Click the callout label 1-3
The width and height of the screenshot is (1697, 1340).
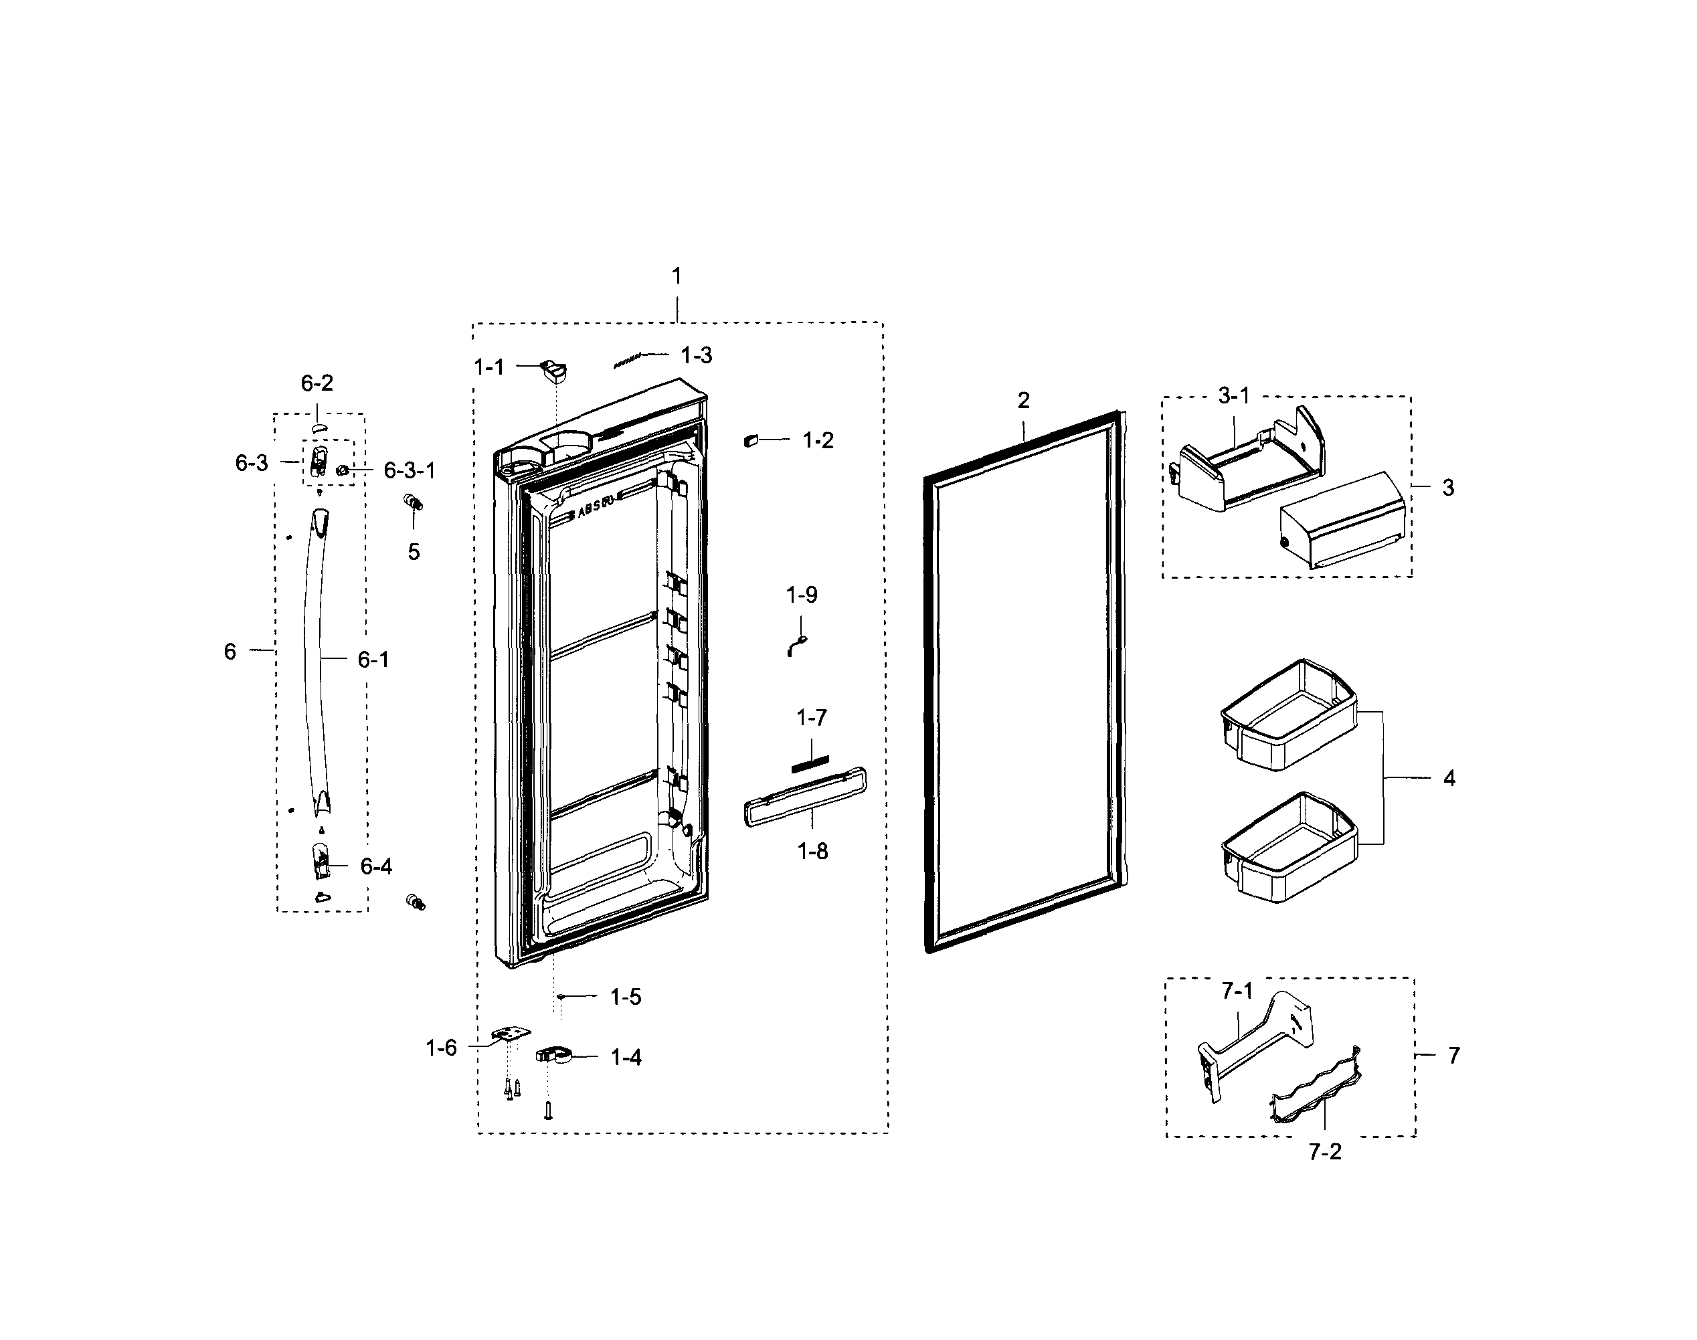(x=696, y=355)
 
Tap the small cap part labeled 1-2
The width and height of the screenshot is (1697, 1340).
(x=751, y=441)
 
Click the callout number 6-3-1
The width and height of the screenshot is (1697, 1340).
(x=409, y=471)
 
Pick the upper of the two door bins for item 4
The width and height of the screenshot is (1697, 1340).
(x=1288, y=716)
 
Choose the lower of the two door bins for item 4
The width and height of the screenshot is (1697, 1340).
(x=1288, y=848)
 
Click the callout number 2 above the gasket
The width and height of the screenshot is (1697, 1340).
(x=1023, y=400)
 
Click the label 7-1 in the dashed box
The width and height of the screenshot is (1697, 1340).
(x=1237, y=991)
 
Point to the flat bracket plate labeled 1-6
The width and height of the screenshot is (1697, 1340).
(x=511, y=1036)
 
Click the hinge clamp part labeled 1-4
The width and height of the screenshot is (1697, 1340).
(x=554, y=1055)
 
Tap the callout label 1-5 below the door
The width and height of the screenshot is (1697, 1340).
(x=625, y=997)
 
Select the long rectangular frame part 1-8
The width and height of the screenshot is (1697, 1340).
(x=804, y=797)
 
